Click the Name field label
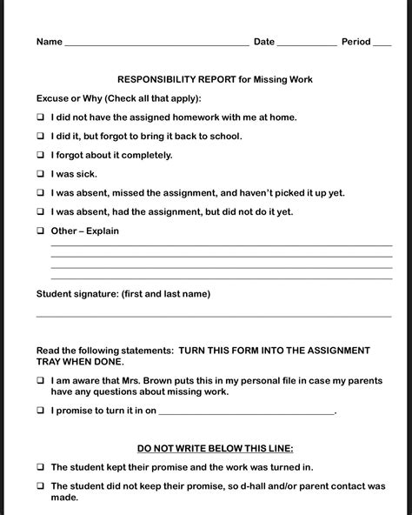click(49, 42)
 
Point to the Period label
click(356, 42)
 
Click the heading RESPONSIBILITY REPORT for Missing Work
click(215, 79)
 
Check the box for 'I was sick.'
click(41, 174)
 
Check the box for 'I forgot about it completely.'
click(41, 155)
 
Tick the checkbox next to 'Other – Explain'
click(41, 231)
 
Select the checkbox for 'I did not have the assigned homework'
click(41, 117)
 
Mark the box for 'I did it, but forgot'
click(41, 136)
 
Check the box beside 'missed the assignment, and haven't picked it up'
click(41, 193)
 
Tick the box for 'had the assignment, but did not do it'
click(41, 212)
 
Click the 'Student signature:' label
click(77, 294)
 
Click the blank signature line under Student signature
click(213, 315)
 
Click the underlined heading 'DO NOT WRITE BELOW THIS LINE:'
click(215, 448)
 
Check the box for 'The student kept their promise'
click(41, 467)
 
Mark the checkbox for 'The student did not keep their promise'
click(41, 486)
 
